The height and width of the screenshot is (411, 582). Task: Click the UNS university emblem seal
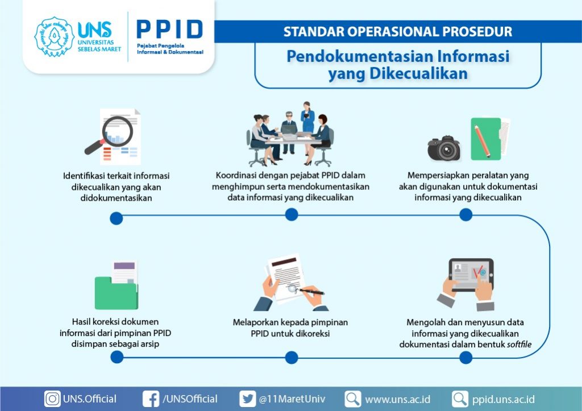pos(54,36)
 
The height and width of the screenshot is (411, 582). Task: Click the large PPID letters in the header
pos(169,30)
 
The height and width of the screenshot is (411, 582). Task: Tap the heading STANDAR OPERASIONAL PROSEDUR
pos(397,32)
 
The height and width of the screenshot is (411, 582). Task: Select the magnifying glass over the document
pos(110,134)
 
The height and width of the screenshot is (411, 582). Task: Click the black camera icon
pos(444,148)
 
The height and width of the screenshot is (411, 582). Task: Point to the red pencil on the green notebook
pos(482,141)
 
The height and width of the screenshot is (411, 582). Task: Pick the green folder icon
pos(116,293)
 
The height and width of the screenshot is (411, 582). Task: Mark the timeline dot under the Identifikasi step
pos(116,218)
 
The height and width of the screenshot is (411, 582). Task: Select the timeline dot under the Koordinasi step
pos(292,214)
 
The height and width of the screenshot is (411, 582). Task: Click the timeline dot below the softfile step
pos(466,358)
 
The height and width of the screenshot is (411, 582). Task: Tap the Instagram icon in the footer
pos(52,399)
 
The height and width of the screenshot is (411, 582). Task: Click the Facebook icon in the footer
pos(151,399)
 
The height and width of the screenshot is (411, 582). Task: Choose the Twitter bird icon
pos(248,399)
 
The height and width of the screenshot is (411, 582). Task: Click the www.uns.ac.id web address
pos(397,400)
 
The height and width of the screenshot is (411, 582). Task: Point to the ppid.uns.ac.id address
pos(504,400)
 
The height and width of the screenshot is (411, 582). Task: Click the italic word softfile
pos(519,344)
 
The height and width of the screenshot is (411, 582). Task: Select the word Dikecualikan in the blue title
pos(418,73)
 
